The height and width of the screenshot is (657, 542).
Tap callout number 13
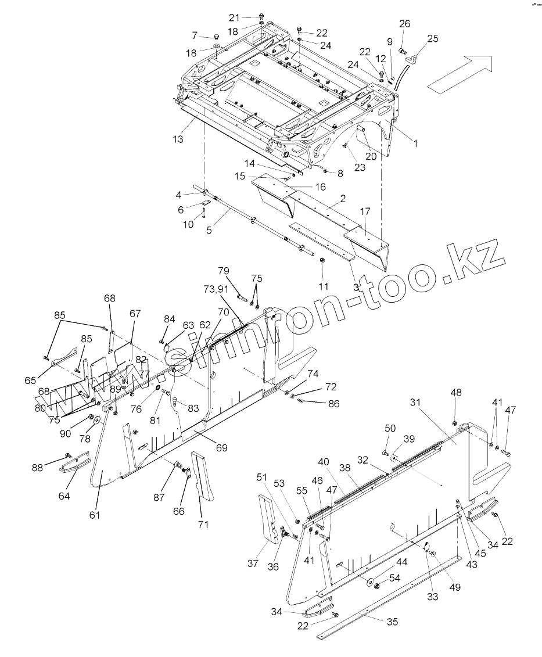coord(178,139)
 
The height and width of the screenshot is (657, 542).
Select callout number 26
coord(404,24)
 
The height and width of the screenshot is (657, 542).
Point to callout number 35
coord(393,622)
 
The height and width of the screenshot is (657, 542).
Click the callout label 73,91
coord(215,289)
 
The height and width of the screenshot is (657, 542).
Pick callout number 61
coord(95,515)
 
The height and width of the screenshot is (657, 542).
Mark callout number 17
coord(365,213)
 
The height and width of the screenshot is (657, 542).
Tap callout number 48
coord(456,393)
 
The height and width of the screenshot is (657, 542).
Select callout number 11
coord(324,286)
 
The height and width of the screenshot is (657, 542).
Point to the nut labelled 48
coord(455,420)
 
